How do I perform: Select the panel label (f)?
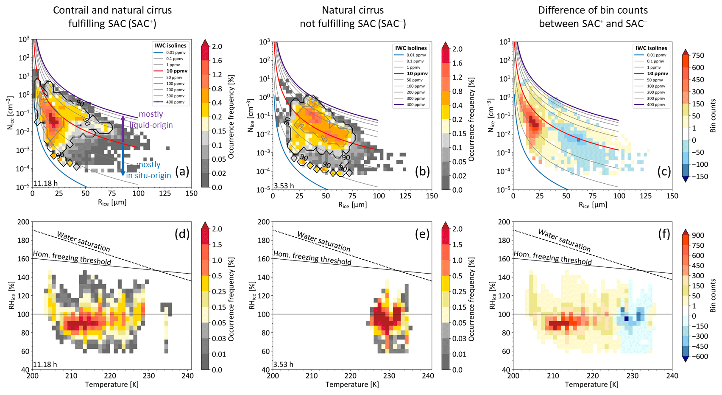point(663,234)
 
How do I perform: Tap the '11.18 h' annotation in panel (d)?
point(45,364)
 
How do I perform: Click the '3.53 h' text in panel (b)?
point(284,186)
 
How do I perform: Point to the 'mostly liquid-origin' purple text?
point(151,119)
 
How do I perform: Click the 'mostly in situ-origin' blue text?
point(149,170)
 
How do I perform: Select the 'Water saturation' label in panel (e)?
point(323,241)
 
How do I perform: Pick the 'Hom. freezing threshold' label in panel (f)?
point(553,258)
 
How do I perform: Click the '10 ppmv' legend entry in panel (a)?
point(177,71)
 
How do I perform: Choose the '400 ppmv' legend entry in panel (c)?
point(658,104)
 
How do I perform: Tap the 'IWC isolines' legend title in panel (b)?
point(411,48)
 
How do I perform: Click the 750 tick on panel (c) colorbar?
point(698,56)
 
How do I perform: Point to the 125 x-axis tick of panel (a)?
point(165,193)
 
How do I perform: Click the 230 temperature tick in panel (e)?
point(389,375)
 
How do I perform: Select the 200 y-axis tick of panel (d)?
point(24,222)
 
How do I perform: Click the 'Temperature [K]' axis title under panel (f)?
point(591,384)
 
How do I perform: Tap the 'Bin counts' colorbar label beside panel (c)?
point(713,115)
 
